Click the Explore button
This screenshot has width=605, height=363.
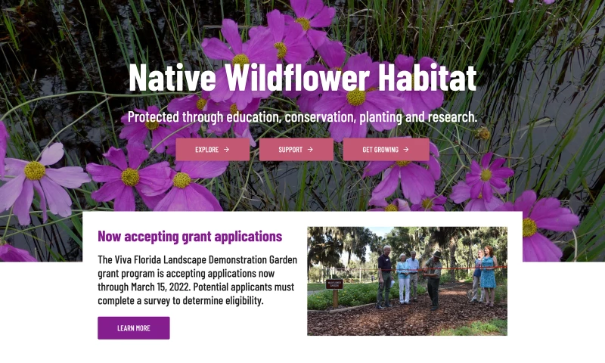tap(212, 150)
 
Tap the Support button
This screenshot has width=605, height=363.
tap(296, 150)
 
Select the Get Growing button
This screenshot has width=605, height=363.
tap(386, 150)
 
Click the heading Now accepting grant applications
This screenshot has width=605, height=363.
tap(190, 237)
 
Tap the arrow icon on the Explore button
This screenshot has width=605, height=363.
tap(226, 150)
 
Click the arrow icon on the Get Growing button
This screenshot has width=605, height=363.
tap(406, 150)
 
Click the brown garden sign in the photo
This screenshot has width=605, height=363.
tap(334, 285)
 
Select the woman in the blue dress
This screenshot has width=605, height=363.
tap(488, 275)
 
